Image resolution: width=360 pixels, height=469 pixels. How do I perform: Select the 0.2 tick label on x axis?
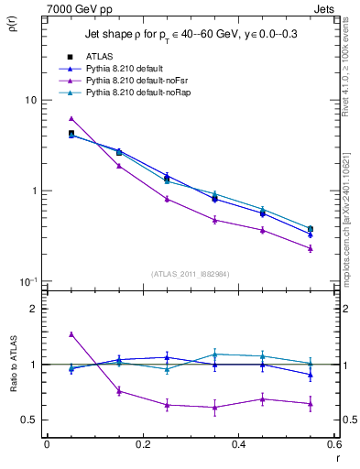point(143,444)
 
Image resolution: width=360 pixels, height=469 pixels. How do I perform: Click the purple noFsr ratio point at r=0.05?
point(71,334)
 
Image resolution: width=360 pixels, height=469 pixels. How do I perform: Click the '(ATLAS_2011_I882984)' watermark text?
point(191,273)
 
